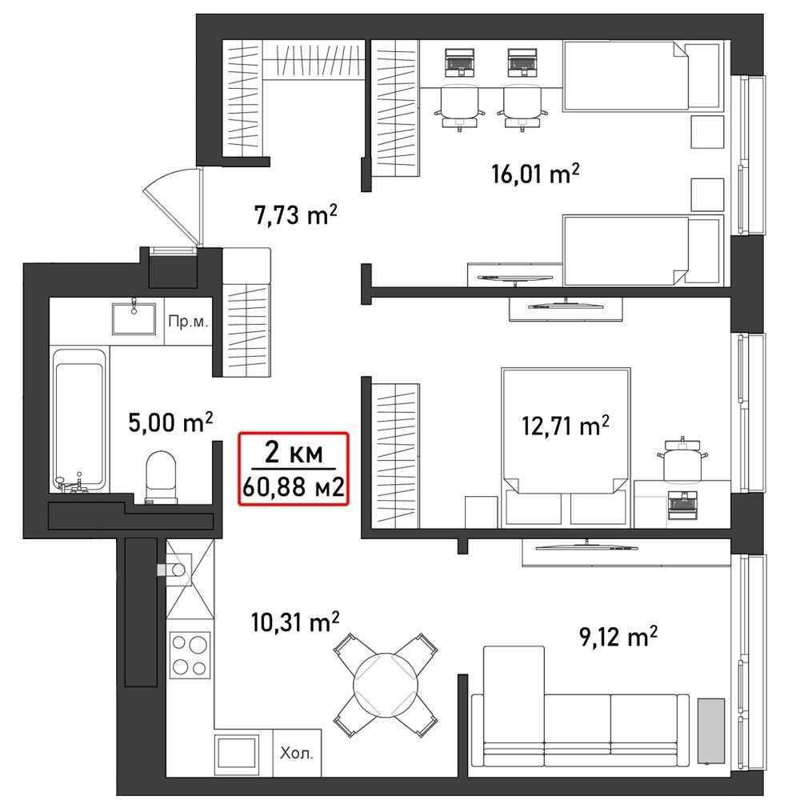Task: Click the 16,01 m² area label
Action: click(x=536, y=174)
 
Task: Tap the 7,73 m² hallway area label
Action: click(x=296, y=214)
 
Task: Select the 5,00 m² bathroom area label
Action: click(x=170, y=422)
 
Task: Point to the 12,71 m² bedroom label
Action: click(x=566, y=426)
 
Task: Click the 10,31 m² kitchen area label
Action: click(x=295, y=622)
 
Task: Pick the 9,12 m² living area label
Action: click(x=618, y=637)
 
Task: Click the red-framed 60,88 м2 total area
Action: click(x=294, y=486)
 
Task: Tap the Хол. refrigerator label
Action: click(x=297, y=753)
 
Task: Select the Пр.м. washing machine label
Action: click(x=188, y=322)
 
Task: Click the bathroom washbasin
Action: click(x=134, y=318)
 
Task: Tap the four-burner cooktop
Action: click(x=190, y=655)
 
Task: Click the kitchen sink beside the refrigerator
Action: click(x=237, y=753)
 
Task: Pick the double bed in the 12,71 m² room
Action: click(x=566, y=446)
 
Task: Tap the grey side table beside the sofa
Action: click(x=711, y=732)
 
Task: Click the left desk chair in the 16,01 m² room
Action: click(x=459, y=106)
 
